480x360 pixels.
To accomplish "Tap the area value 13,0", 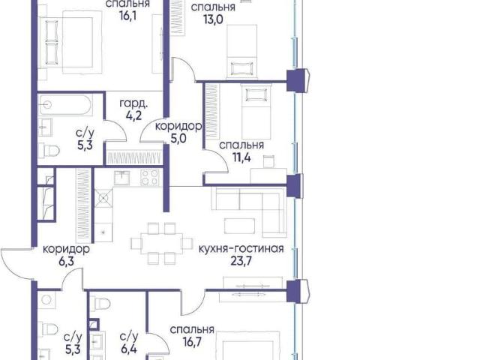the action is click(213, 19).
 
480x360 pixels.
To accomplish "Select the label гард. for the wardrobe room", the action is click(133, 104).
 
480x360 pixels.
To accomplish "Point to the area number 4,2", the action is click(133, 116).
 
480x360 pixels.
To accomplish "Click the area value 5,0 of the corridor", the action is click(178, 139).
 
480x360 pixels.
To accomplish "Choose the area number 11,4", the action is click(241, 157).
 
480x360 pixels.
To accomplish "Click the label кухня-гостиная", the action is click(241, 249).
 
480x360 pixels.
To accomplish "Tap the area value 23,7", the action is click(241, 261).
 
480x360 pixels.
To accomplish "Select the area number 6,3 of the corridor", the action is click(67, 262).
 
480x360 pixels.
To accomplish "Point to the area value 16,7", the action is click(192, 342).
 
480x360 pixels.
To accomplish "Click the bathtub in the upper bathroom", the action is click(65, 105).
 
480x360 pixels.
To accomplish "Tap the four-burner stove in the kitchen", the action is click(150, 177).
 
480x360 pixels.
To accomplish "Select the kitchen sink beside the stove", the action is click(121, 178).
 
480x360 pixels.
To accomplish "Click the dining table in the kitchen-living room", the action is click(162, 243).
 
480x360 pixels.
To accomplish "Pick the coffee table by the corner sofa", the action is click(239, 226).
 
